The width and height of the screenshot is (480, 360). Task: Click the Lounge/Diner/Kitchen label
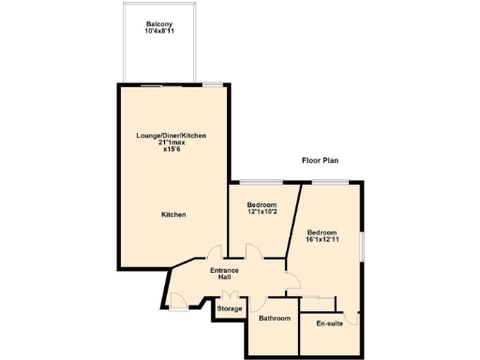(x=171, y=136)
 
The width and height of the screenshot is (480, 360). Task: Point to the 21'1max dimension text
(x=171, y=142)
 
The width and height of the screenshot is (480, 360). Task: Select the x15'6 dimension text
(x=171, y=149)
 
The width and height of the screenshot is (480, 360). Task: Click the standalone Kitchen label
(x=173, y=215)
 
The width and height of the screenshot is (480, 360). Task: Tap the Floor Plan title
(x=320, y=160)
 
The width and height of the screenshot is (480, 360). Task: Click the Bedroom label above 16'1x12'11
(x=322, y=232)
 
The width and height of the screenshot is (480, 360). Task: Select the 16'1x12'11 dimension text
(x=322, y=239)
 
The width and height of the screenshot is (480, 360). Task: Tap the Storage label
(x=230, y=308)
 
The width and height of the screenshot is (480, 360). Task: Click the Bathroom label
(x=275, y=319)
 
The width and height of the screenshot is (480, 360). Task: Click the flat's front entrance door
(x=178, y=300)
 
